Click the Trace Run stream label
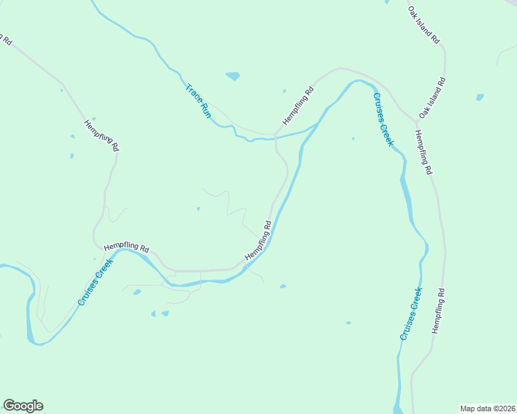click(x=198, y=101)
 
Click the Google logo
click(x=23, y=406)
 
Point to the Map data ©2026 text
click(x=488, y=408)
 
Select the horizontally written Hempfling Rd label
click(x=126, y=247)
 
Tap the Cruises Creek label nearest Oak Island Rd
click(x=383, y=119)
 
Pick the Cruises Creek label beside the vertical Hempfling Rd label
click(x=411, y=314)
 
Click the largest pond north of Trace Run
click(x=233, y=76)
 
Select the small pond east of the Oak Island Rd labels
click(x=480, y=97)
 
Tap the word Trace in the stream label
click(x=192, y=93)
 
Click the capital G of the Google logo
click(x=9, y=405)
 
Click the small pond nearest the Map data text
click(x=348, y=322)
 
